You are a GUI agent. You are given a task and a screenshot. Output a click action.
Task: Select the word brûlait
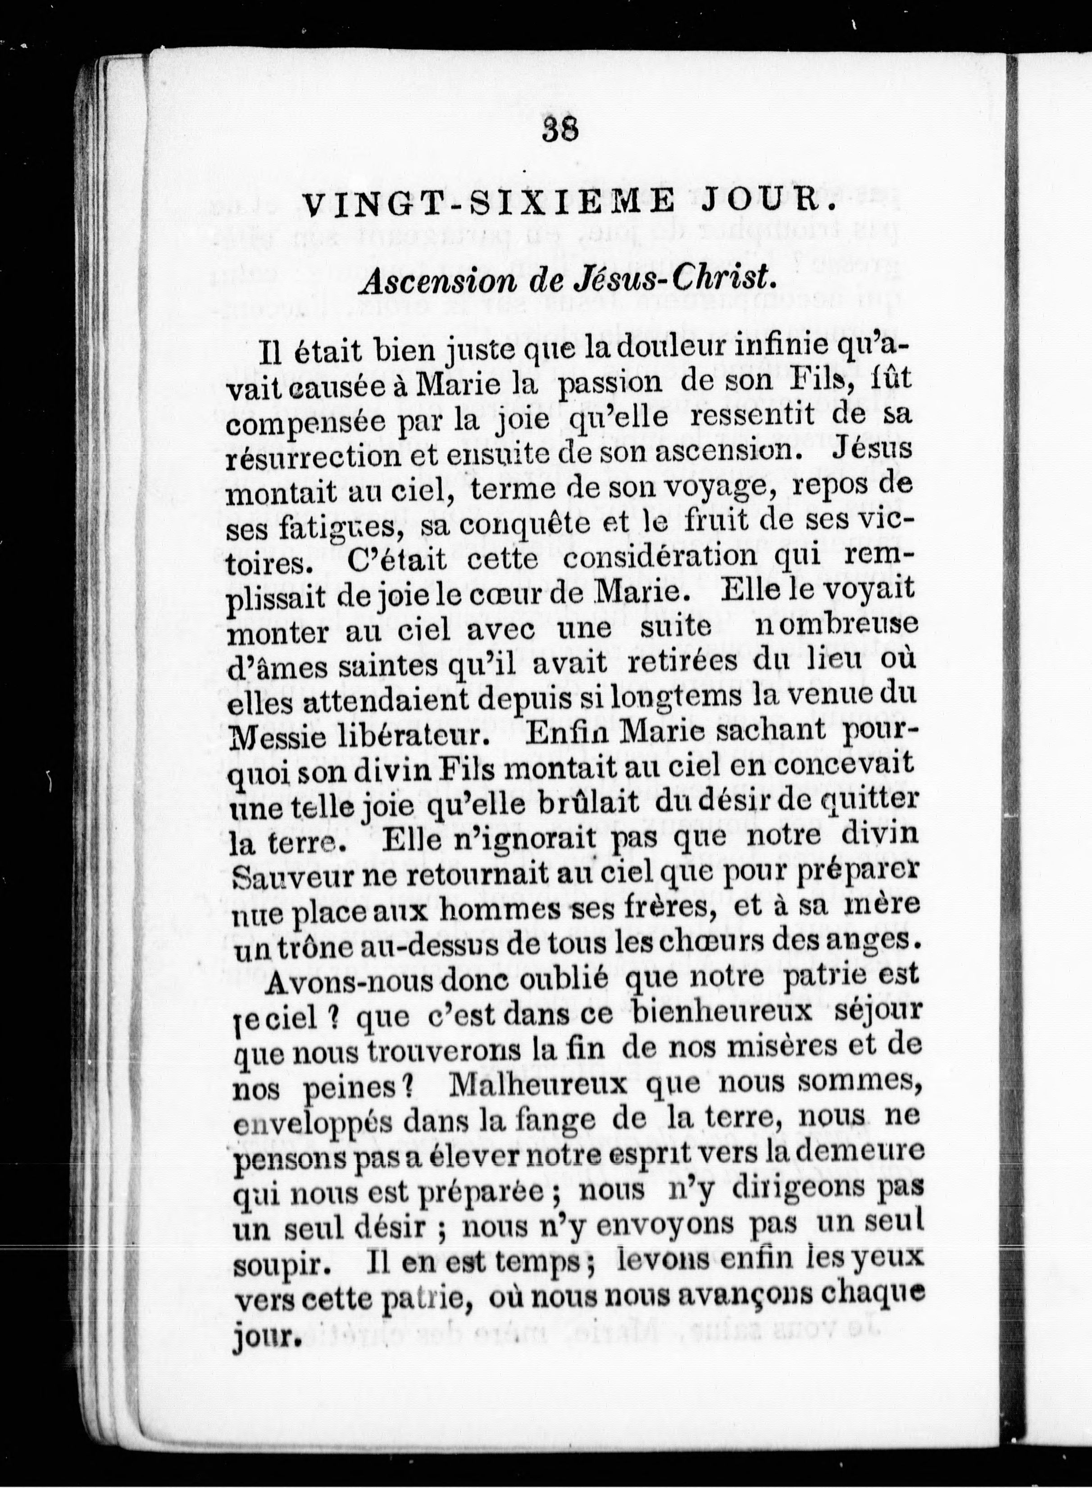coord(578,803)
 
